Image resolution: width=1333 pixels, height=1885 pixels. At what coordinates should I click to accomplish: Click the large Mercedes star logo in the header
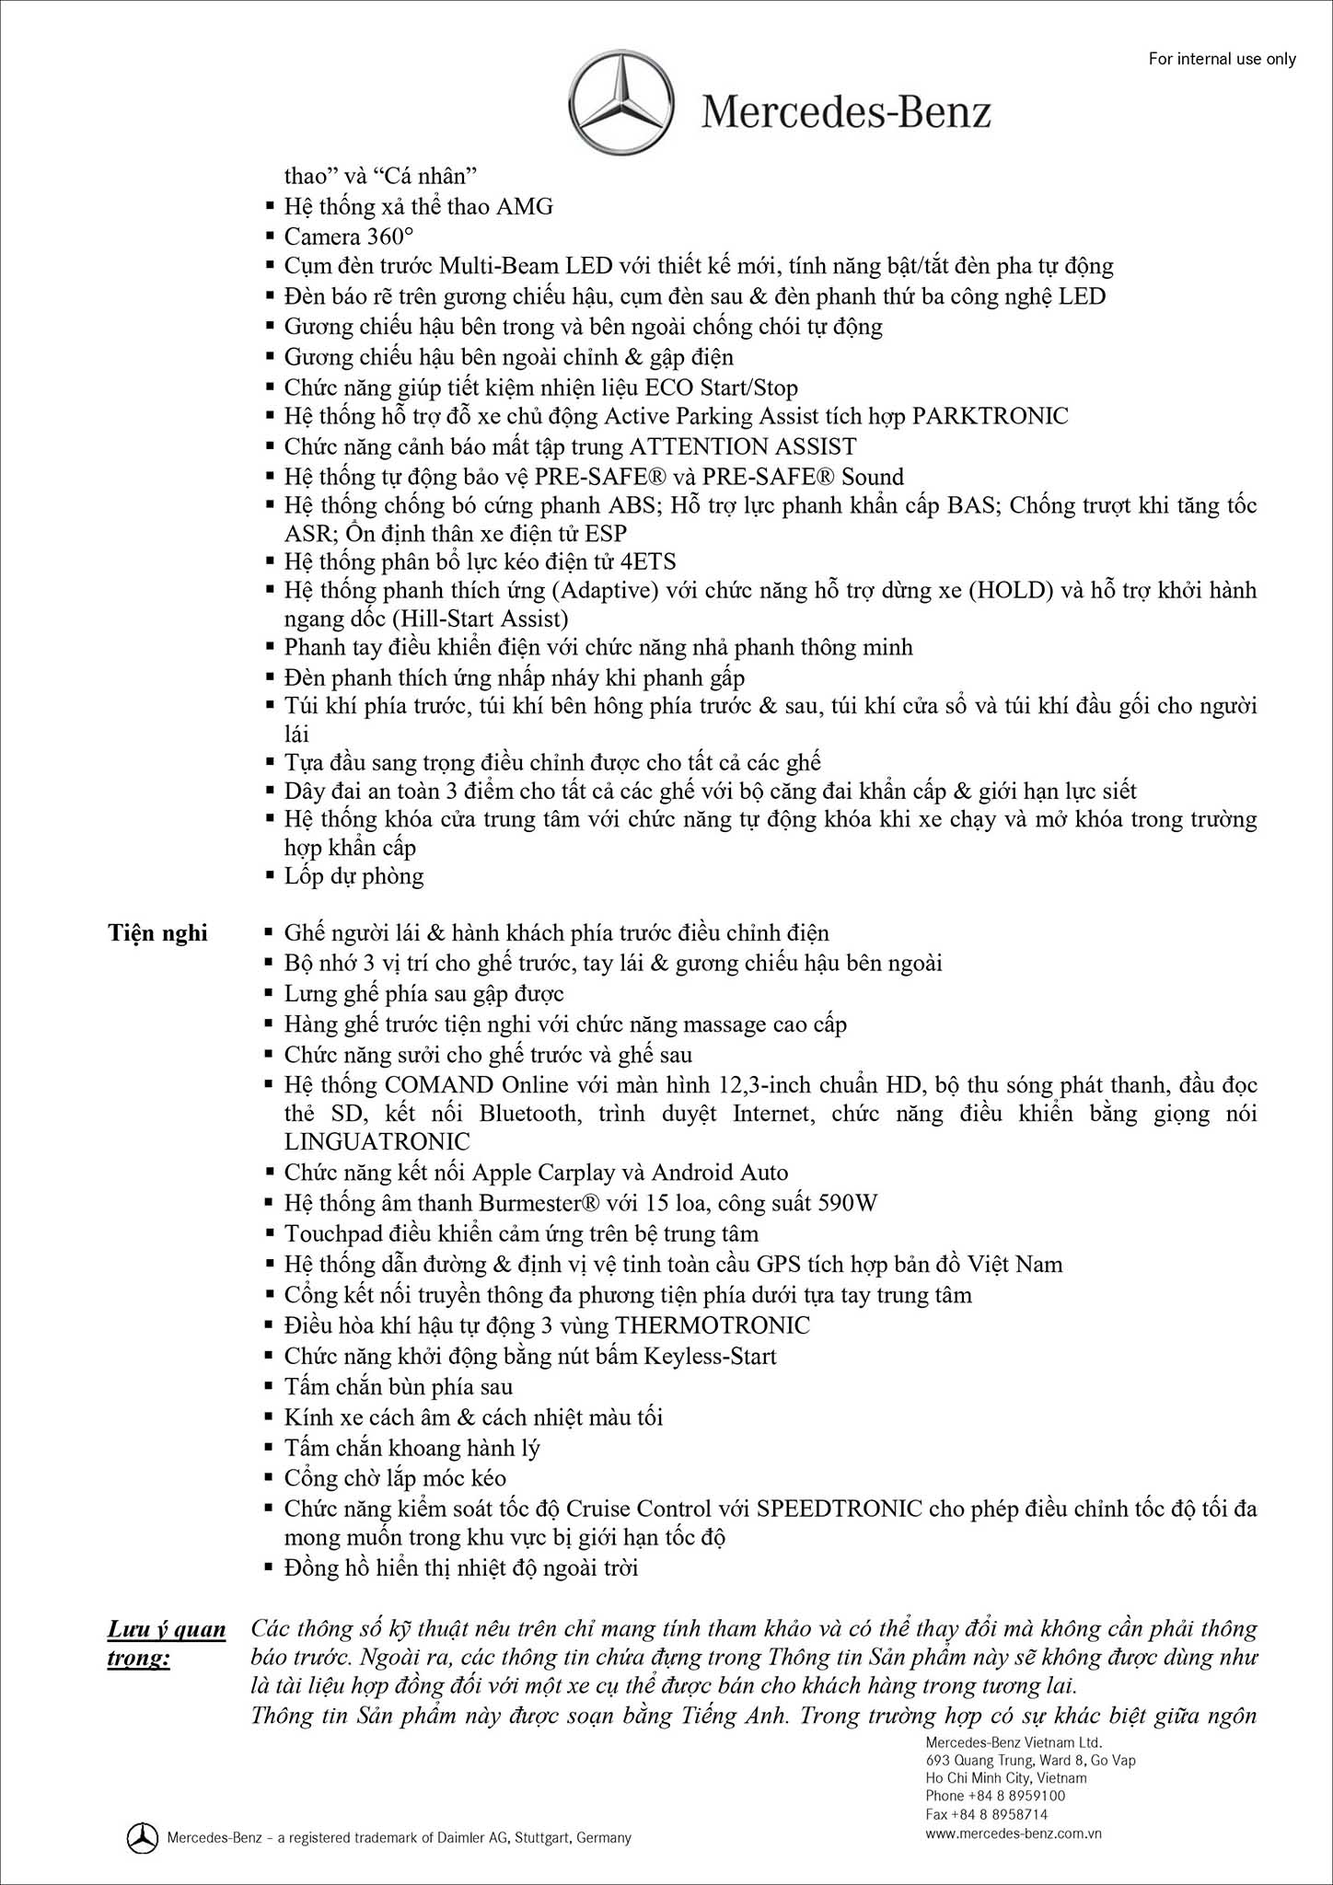click(621, 102)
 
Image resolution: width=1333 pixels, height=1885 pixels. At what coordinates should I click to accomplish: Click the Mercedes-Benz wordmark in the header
click(846, 113)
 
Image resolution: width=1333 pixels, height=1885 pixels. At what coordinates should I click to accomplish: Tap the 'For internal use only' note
click(1222, 59)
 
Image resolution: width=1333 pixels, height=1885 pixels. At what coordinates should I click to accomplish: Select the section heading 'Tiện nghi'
click(157, 933)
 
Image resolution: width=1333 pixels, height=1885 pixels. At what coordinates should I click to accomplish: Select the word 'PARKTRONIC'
click(990, 416)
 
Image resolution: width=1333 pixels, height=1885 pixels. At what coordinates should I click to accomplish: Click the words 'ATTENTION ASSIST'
click(742, 446)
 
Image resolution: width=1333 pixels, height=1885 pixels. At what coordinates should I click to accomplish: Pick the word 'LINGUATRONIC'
click(377, 1141)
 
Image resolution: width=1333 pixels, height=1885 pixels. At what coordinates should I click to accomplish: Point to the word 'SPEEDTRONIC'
click(840, 1509)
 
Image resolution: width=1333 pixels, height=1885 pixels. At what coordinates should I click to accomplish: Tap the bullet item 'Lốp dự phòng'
click(354, 875)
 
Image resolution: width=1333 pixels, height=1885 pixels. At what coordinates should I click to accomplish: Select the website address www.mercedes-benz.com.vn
click(1014, 1833)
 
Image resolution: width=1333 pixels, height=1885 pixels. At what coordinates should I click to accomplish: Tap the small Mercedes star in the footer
click(142, 1838)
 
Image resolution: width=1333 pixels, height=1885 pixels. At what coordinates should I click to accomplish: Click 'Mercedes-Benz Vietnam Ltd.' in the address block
click(1014, 1742)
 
